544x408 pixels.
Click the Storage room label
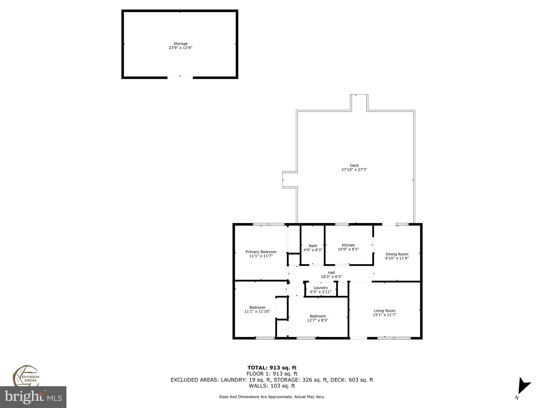coord(180,44)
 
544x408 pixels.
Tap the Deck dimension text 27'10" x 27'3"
coord(354,169)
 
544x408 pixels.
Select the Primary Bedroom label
coord(261,252)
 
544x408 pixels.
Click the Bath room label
coord(313,246)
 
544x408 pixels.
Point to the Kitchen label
coord(348,245)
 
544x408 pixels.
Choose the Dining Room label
coord(397,254)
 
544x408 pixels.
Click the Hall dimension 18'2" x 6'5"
coord(331,277)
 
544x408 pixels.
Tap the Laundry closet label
coord(321,288)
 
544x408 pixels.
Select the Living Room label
coord(384,311)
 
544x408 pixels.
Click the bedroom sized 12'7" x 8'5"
coord(317,318)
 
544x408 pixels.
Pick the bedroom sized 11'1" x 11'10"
coord(257,309)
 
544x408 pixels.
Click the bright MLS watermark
coord(33,397)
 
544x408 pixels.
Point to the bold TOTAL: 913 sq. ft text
coord(272,368)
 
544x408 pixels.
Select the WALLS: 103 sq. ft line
coord(272,386)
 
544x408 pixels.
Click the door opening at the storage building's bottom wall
coord(180,77)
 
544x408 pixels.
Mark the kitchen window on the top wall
coord(342,224)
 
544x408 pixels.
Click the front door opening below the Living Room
coord(358,338)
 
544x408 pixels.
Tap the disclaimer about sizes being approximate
coord(272,397)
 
